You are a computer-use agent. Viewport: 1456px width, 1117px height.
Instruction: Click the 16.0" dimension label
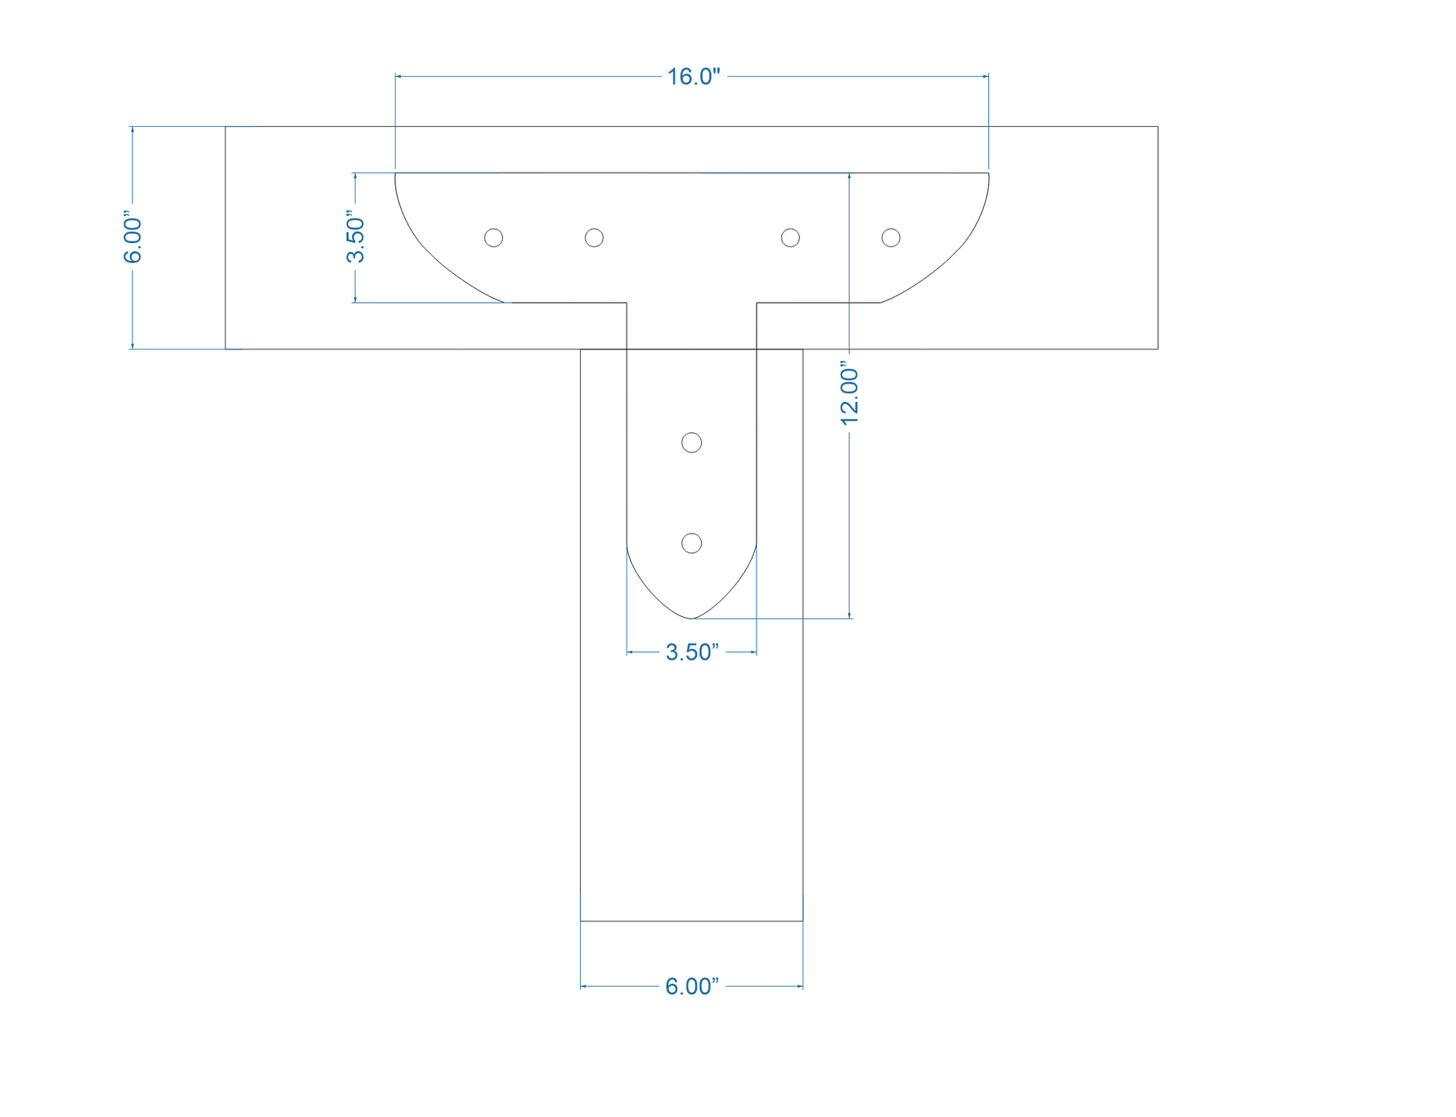click(x=693, y=77)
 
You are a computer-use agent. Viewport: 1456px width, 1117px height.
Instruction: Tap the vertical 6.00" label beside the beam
click(x=133, y=241)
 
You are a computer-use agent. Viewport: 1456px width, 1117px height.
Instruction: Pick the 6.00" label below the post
click(x=692, y=987)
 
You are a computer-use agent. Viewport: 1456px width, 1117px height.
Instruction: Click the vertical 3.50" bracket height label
click(x=355, y=237)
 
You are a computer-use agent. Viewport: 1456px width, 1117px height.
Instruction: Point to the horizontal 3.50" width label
click(x=692, y=652)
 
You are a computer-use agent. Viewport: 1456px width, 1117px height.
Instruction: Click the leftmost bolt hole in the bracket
click(x=493, y=237)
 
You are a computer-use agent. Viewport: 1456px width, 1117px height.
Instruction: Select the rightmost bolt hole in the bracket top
click(x=891, y=237)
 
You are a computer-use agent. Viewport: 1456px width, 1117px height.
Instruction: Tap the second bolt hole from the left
click(x=594, y=237)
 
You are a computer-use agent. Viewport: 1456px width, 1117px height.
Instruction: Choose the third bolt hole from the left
click(x=790, y=237)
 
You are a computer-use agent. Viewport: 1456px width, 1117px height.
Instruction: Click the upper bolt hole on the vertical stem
click(x=691, y=443)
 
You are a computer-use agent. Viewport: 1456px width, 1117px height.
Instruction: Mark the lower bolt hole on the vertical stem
click(x=691, y=543)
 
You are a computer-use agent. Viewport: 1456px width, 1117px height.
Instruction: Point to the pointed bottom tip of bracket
click(x=691, y=619)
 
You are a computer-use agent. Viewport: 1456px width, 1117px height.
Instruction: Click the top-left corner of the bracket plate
click(x=396, y=173)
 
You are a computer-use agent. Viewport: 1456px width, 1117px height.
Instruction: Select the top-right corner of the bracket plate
click(x=988, y=173)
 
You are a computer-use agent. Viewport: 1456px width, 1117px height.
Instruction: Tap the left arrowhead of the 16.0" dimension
click(x=398, y=77)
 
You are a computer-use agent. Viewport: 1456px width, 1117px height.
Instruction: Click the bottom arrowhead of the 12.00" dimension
click(x=850, y=615)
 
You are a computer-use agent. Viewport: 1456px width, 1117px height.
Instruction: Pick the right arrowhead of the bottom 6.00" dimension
click(x=800, y=987)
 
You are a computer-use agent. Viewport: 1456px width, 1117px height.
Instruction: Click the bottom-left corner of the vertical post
click(x=581, y=921)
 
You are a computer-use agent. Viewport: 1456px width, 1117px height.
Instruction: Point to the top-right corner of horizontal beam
click(x=1157, y=127)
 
